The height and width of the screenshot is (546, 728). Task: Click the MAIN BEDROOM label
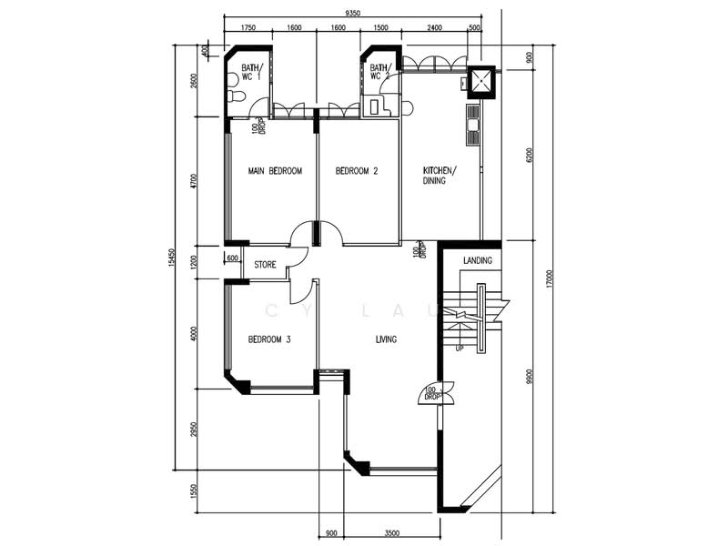click(275, 171)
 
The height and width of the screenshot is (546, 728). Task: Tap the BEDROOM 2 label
click(356, 171)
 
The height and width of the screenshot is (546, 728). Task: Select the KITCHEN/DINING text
click(440, 177)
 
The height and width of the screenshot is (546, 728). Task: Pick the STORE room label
click(265, 266)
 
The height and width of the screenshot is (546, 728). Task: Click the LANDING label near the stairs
click(477, 261)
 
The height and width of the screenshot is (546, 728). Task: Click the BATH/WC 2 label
click(380, 72)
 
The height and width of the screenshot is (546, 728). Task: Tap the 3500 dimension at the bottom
click(390, 532)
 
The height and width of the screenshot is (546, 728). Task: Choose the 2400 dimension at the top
click(434, 28)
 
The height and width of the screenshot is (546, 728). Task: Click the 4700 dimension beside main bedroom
click(193, 182)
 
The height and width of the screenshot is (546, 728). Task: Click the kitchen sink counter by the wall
click(473, 125)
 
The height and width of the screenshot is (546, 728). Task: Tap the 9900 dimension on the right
click(527, 375)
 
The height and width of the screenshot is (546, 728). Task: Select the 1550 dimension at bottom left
click(193, 491)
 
